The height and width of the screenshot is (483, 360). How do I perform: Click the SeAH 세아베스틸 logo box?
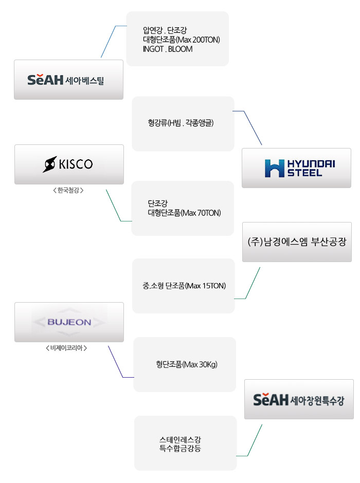point(68,80)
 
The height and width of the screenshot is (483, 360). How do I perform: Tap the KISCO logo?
point(69,164)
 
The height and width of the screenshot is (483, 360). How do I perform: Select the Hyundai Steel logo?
point(297,168)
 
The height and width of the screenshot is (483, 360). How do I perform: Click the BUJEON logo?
point(69,322)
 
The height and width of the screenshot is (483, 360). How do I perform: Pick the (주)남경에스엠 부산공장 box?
point(297,242)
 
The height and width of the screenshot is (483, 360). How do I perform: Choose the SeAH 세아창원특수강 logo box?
point(299,399)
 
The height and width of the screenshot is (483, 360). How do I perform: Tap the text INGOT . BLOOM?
point(168,49)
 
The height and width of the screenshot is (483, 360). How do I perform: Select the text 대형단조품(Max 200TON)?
point(182,40)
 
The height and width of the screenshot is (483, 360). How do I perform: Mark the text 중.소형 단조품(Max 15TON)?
point(184,286)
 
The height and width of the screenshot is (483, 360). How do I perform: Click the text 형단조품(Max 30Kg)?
point(187,365)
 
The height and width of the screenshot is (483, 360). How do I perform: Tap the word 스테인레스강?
point(180,440)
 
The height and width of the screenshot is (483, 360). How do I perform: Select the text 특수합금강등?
point(180,449)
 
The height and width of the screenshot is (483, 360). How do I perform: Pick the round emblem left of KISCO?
point(50,164)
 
